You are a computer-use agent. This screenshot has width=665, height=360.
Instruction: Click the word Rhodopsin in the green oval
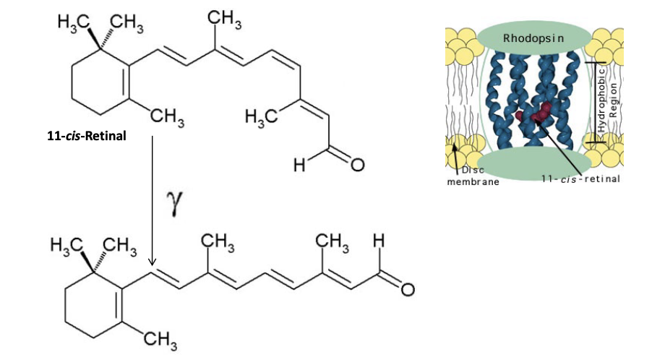(533, 38)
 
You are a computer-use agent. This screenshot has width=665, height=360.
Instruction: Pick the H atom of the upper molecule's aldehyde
(297, 167)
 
